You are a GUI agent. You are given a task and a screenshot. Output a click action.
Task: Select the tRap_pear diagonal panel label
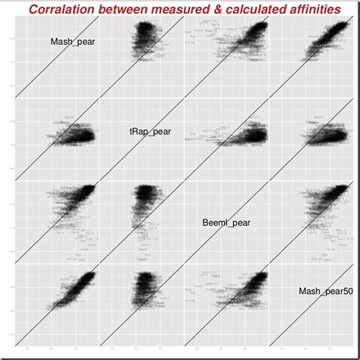150,131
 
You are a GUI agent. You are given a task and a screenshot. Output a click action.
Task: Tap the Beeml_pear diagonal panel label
226,223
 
